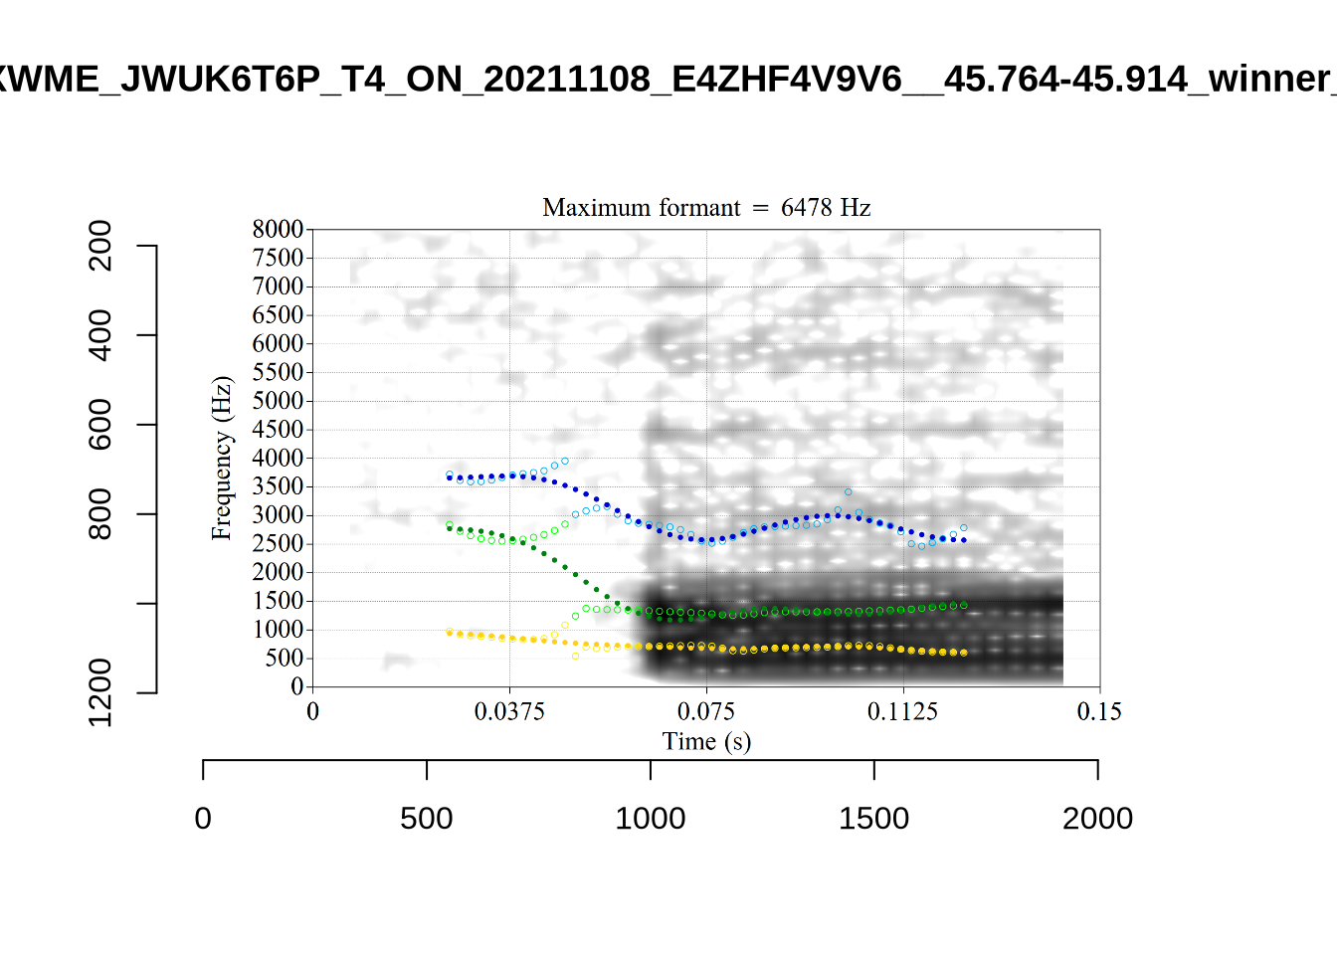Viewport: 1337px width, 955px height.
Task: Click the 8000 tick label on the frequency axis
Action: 278,230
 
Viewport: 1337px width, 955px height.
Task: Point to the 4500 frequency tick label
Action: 278,430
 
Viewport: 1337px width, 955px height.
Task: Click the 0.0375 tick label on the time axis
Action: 509,711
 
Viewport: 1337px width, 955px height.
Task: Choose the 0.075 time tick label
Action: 706,711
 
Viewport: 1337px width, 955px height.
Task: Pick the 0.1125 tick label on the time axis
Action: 902,711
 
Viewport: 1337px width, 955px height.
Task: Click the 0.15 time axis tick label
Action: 1099,711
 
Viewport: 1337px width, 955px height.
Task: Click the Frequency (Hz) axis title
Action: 221,458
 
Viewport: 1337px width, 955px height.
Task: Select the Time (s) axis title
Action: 706,741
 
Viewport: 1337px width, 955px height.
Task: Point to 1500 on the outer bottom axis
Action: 873,819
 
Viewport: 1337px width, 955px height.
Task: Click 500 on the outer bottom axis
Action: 427,819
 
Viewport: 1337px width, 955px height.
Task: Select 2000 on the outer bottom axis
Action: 1097,819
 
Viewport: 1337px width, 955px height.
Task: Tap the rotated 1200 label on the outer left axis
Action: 100,692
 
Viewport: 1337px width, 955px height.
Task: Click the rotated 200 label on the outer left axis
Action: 100,246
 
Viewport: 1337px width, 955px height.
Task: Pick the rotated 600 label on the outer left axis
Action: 100,425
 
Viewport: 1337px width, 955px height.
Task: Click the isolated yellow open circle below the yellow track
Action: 575,657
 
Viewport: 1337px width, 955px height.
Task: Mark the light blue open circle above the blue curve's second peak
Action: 848,492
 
